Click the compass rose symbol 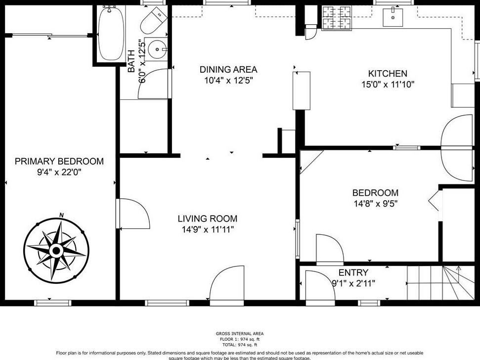[56, 251]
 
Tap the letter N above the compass [61, 215]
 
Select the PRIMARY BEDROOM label [59, 161]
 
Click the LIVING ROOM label [207, 219]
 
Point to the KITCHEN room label [388, 74]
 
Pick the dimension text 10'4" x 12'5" [228, 80]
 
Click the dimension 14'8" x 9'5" [375, 203]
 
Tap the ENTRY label [353, 272]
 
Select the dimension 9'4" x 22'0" [59, 172]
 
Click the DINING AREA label [228, 70]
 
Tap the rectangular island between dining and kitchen [302, 90]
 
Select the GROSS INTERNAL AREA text [240, 334]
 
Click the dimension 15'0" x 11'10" [388, 85]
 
